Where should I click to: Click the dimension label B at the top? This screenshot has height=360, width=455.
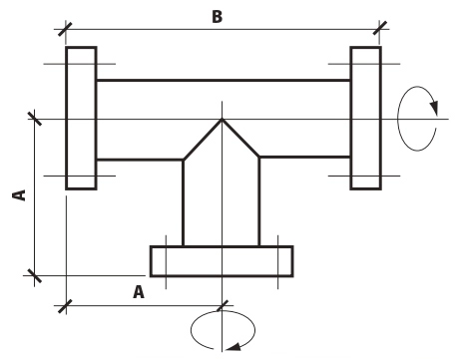pyautogui.click(x=217, y=17)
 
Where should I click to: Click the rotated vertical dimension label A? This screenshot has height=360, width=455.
pyautogui.click(x=19, y=195)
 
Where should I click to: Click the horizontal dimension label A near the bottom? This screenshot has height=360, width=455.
pyautogui.click(x=139, y=292)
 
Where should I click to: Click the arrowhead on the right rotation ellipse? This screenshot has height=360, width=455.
pyautogui.click(x=434, y=107)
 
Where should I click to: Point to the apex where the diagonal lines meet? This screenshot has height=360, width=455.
pyautogui.click(x=222, y=120)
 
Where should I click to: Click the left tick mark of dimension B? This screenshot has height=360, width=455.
pyautogui.click(x=65, y=29)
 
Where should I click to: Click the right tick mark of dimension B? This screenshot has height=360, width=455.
pyautogui.click(x=380, y=28)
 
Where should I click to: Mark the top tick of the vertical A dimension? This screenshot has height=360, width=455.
pyautogui.click(x=35, y=119)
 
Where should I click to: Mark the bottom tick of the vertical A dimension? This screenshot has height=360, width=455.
pyautogui.click(x=35, y=275)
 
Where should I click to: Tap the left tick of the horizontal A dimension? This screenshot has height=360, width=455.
pyautogui.click(x=65, y=306)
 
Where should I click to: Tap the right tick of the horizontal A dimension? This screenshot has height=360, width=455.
pyautogui.click(x=223, y=306)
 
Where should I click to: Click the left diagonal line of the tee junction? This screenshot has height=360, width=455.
pyautogui.click(x=203, y=140)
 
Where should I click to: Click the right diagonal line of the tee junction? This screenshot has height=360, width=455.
pyautogui.click(x=240, y=138)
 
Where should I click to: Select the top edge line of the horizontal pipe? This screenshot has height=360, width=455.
pyautogui.click(x=224, y=80)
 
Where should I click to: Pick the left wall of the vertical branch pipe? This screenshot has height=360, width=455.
pyautogui.click(x=184, y=202)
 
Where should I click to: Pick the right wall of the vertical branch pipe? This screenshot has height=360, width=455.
pyautogui.click(x=259, y=201)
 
